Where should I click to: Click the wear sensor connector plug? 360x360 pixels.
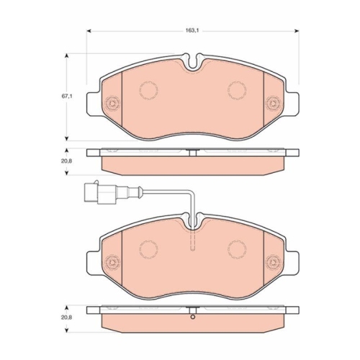click(96, 192)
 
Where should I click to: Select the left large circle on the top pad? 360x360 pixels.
click(149, 90)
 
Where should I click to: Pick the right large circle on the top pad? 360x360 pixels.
click(238, 90)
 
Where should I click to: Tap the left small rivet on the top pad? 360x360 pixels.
click(112, 104)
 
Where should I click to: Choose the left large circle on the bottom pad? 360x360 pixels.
click(149, 248)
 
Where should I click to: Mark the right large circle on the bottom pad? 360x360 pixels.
click(238, 248)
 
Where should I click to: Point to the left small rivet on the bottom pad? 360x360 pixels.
click(112, 262)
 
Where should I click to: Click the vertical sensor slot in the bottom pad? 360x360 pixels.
click(192, 240)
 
